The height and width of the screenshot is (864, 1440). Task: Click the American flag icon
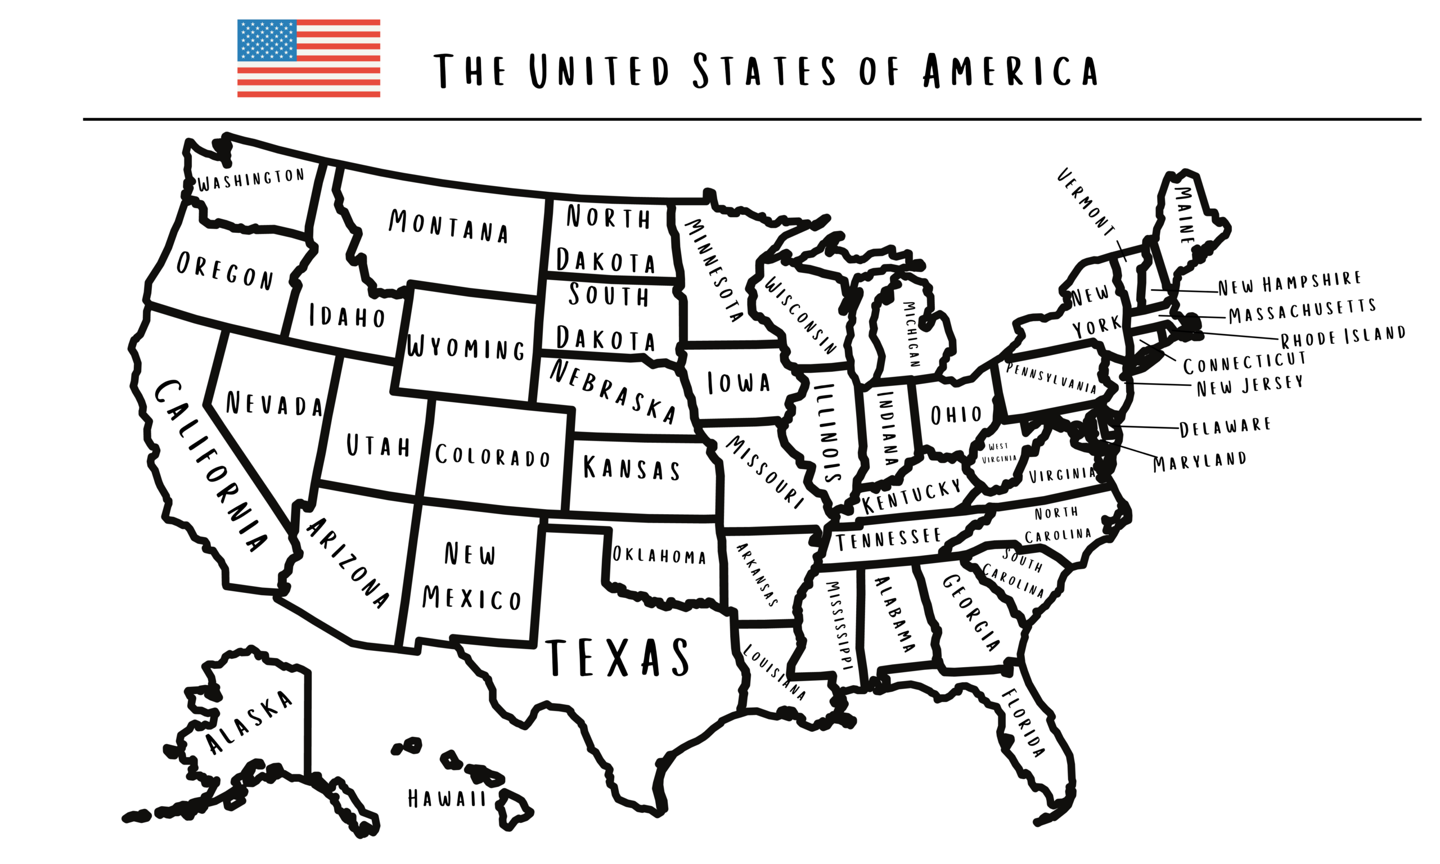pyautogui.click(x=308, y=58)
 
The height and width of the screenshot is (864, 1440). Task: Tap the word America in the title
pyautogui.click(x=1010, y=71)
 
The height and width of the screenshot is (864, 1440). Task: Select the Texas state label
pyautogui.click(x=617, y=658)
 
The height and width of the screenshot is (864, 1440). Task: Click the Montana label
pyautogui.click(x=448, y=226)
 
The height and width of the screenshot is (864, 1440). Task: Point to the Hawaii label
pyautogui.click(x=447, y=798)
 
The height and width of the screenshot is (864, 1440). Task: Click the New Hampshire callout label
pyautogui.click(x=1290, y=283)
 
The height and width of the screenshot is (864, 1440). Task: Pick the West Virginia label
pyautogui.click(x=999, y=452)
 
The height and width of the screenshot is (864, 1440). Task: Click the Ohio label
pyautogui.click(x=956, y=415)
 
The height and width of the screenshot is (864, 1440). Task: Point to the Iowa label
pyautogui.click(x=739, y=383)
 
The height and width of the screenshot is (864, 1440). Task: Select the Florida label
pyautogui.click(x=1023, y=722)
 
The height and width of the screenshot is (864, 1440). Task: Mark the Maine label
pyautogui.click(x=1185, y=215)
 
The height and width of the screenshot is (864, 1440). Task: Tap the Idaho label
pyautogui.click(x=347, y=316)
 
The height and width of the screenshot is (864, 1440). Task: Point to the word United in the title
pyautogui.click(x=600, y=71)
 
